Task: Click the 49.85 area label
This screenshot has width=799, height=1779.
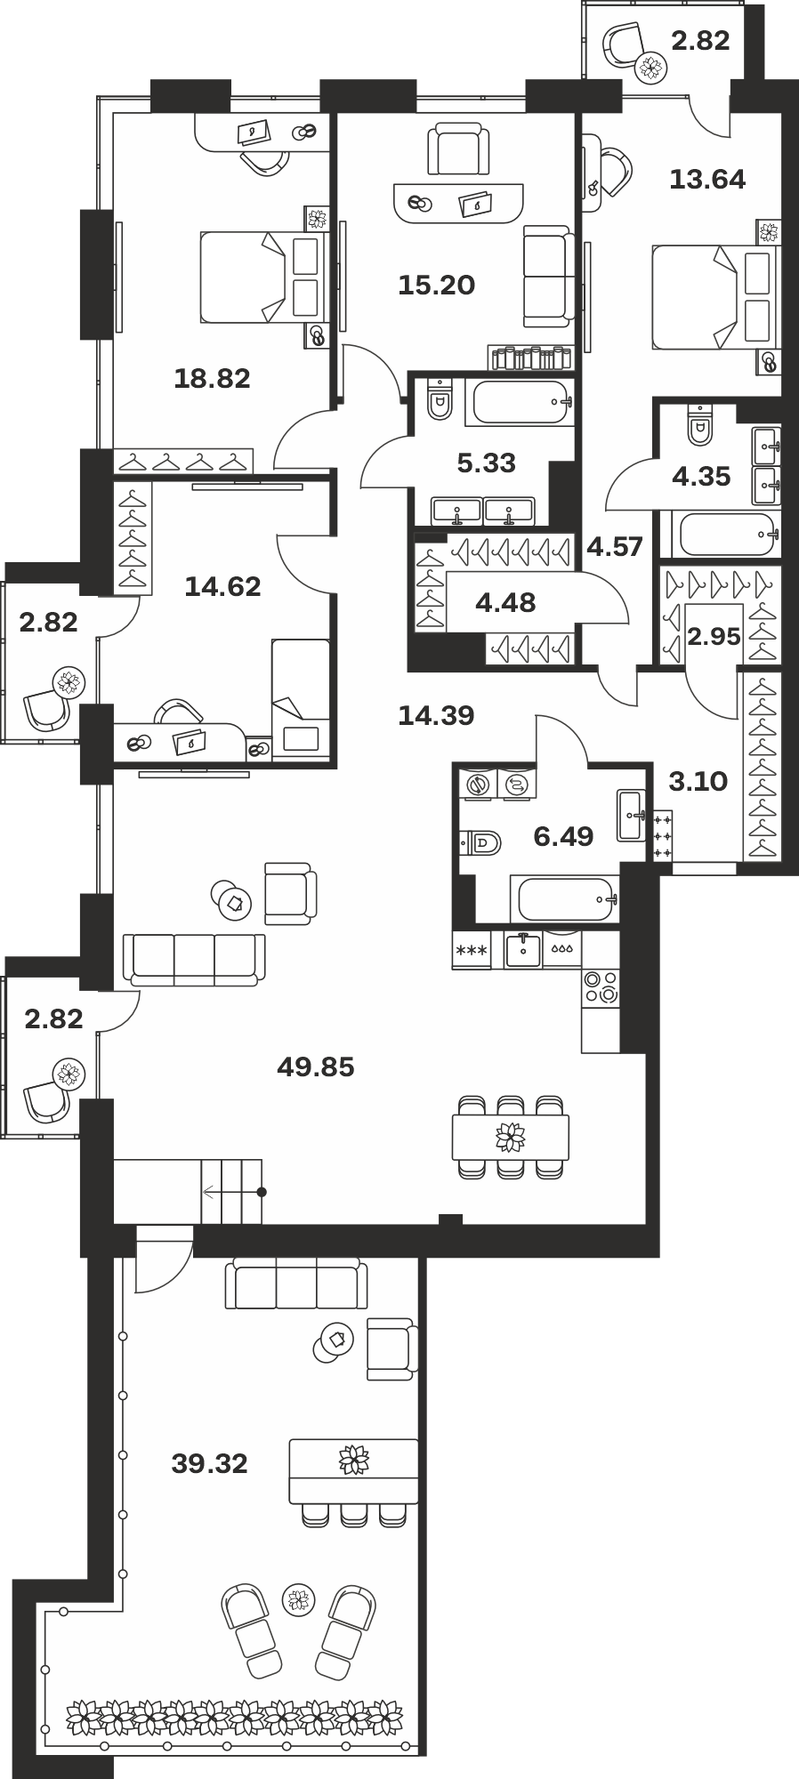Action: (x=316, y=1066)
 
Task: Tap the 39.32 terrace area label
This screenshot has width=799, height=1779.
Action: (x=209, y=1463)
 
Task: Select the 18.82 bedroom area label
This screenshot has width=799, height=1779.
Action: (x=212, y=378)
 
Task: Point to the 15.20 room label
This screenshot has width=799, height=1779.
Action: (x=436, y=285)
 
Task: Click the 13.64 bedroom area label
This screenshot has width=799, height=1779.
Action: (x=707, y=179)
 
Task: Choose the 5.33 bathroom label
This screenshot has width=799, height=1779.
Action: (x=487, y=463)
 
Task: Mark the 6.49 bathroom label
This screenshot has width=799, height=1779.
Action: (x=563, y=835)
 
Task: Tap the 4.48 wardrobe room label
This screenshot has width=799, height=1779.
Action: (x=505, y=602)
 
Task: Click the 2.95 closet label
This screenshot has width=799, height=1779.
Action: (x=714, y=636)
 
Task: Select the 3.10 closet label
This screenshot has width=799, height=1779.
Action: (x=698, y=781)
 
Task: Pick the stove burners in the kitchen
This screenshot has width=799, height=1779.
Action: (x=601, y=987)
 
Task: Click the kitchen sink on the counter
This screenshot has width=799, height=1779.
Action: (x=524, y=949)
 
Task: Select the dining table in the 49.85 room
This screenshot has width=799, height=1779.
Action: (x=511, y=1136)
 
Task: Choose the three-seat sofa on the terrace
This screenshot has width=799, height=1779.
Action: (x=296, y=1284)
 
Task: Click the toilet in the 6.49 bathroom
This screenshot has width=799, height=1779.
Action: (x=480, y=841)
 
